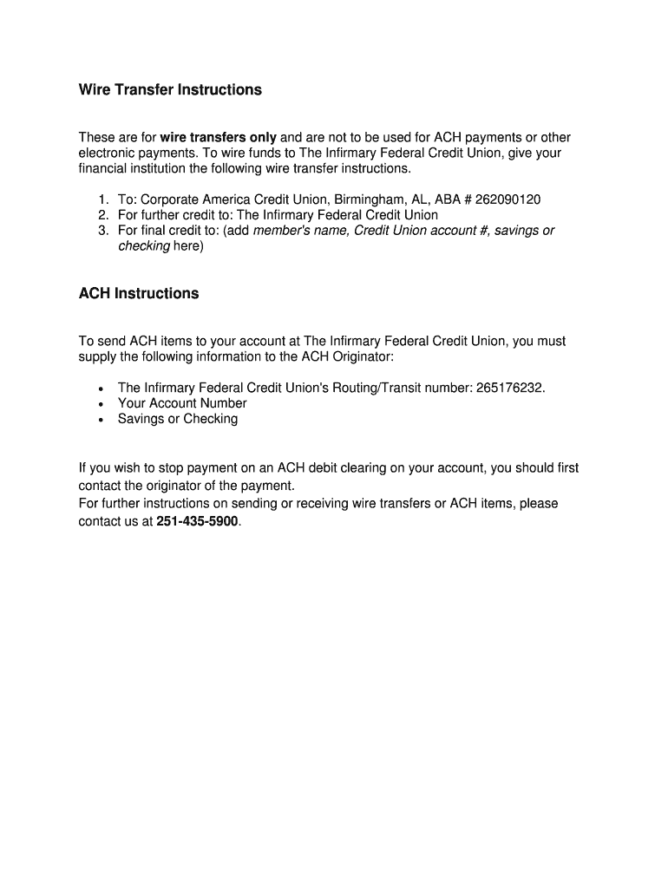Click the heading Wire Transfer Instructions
pyautogui.click(x=170, y=90)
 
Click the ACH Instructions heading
pyautogui.click(x=139, y=294)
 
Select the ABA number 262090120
pyautogui.click(x=508, y=199)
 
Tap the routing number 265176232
pyautogui.click(x=510, y=388)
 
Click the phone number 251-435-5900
pyautogui.click(x=197, y=522)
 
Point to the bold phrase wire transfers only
pyautogui.click(x=219, y=138)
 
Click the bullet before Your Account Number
pyautogui.click(x=102, y=404)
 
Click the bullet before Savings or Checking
pyautogui.click(x=102, y=420)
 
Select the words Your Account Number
pyautogui.click(x=182, y=403)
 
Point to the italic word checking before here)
pyautogui.click(x=144, y=246)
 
